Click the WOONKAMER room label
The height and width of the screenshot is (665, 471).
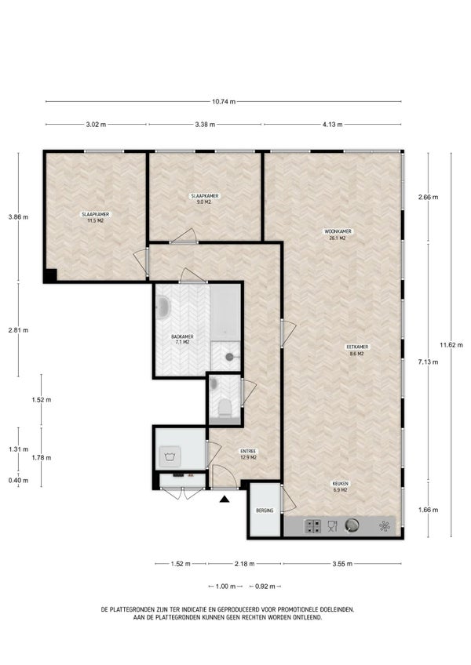(x=338, y=235)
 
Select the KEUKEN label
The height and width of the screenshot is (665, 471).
(x=341, y=486)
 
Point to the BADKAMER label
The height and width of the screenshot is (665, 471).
(x=182, y=340)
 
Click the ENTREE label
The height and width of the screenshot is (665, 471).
(x=248, y=454)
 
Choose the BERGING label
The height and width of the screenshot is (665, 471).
(x=265, y=511)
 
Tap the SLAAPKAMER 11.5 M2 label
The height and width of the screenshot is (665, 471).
(x=96, y=217)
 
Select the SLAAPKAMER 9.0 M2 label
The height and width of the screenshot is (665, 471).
(x=205, y=199)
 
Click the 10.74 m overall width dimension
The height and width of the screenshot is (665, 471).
(x=224, y=102)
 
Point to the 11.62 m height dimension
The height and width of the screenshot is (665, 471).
(x=451, y=345)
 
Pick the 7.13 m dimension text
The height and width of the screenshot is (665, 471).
(x=428, y=362)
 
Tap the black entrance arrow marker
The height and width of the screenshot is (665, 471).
(x=225, y=499)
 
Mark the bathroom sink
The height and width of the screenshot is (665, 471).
(x=162, y=307)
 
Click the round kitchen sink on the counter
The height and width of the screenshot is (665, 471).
(x=352, y=525)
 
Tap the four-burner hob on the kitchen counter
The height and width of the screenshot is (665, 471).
(x=313, y=526)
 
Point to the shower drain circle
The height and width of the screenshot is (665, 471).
(x=229, y=357)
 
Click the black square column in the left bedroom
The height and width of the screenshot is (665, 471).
(x=50, y=276)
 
